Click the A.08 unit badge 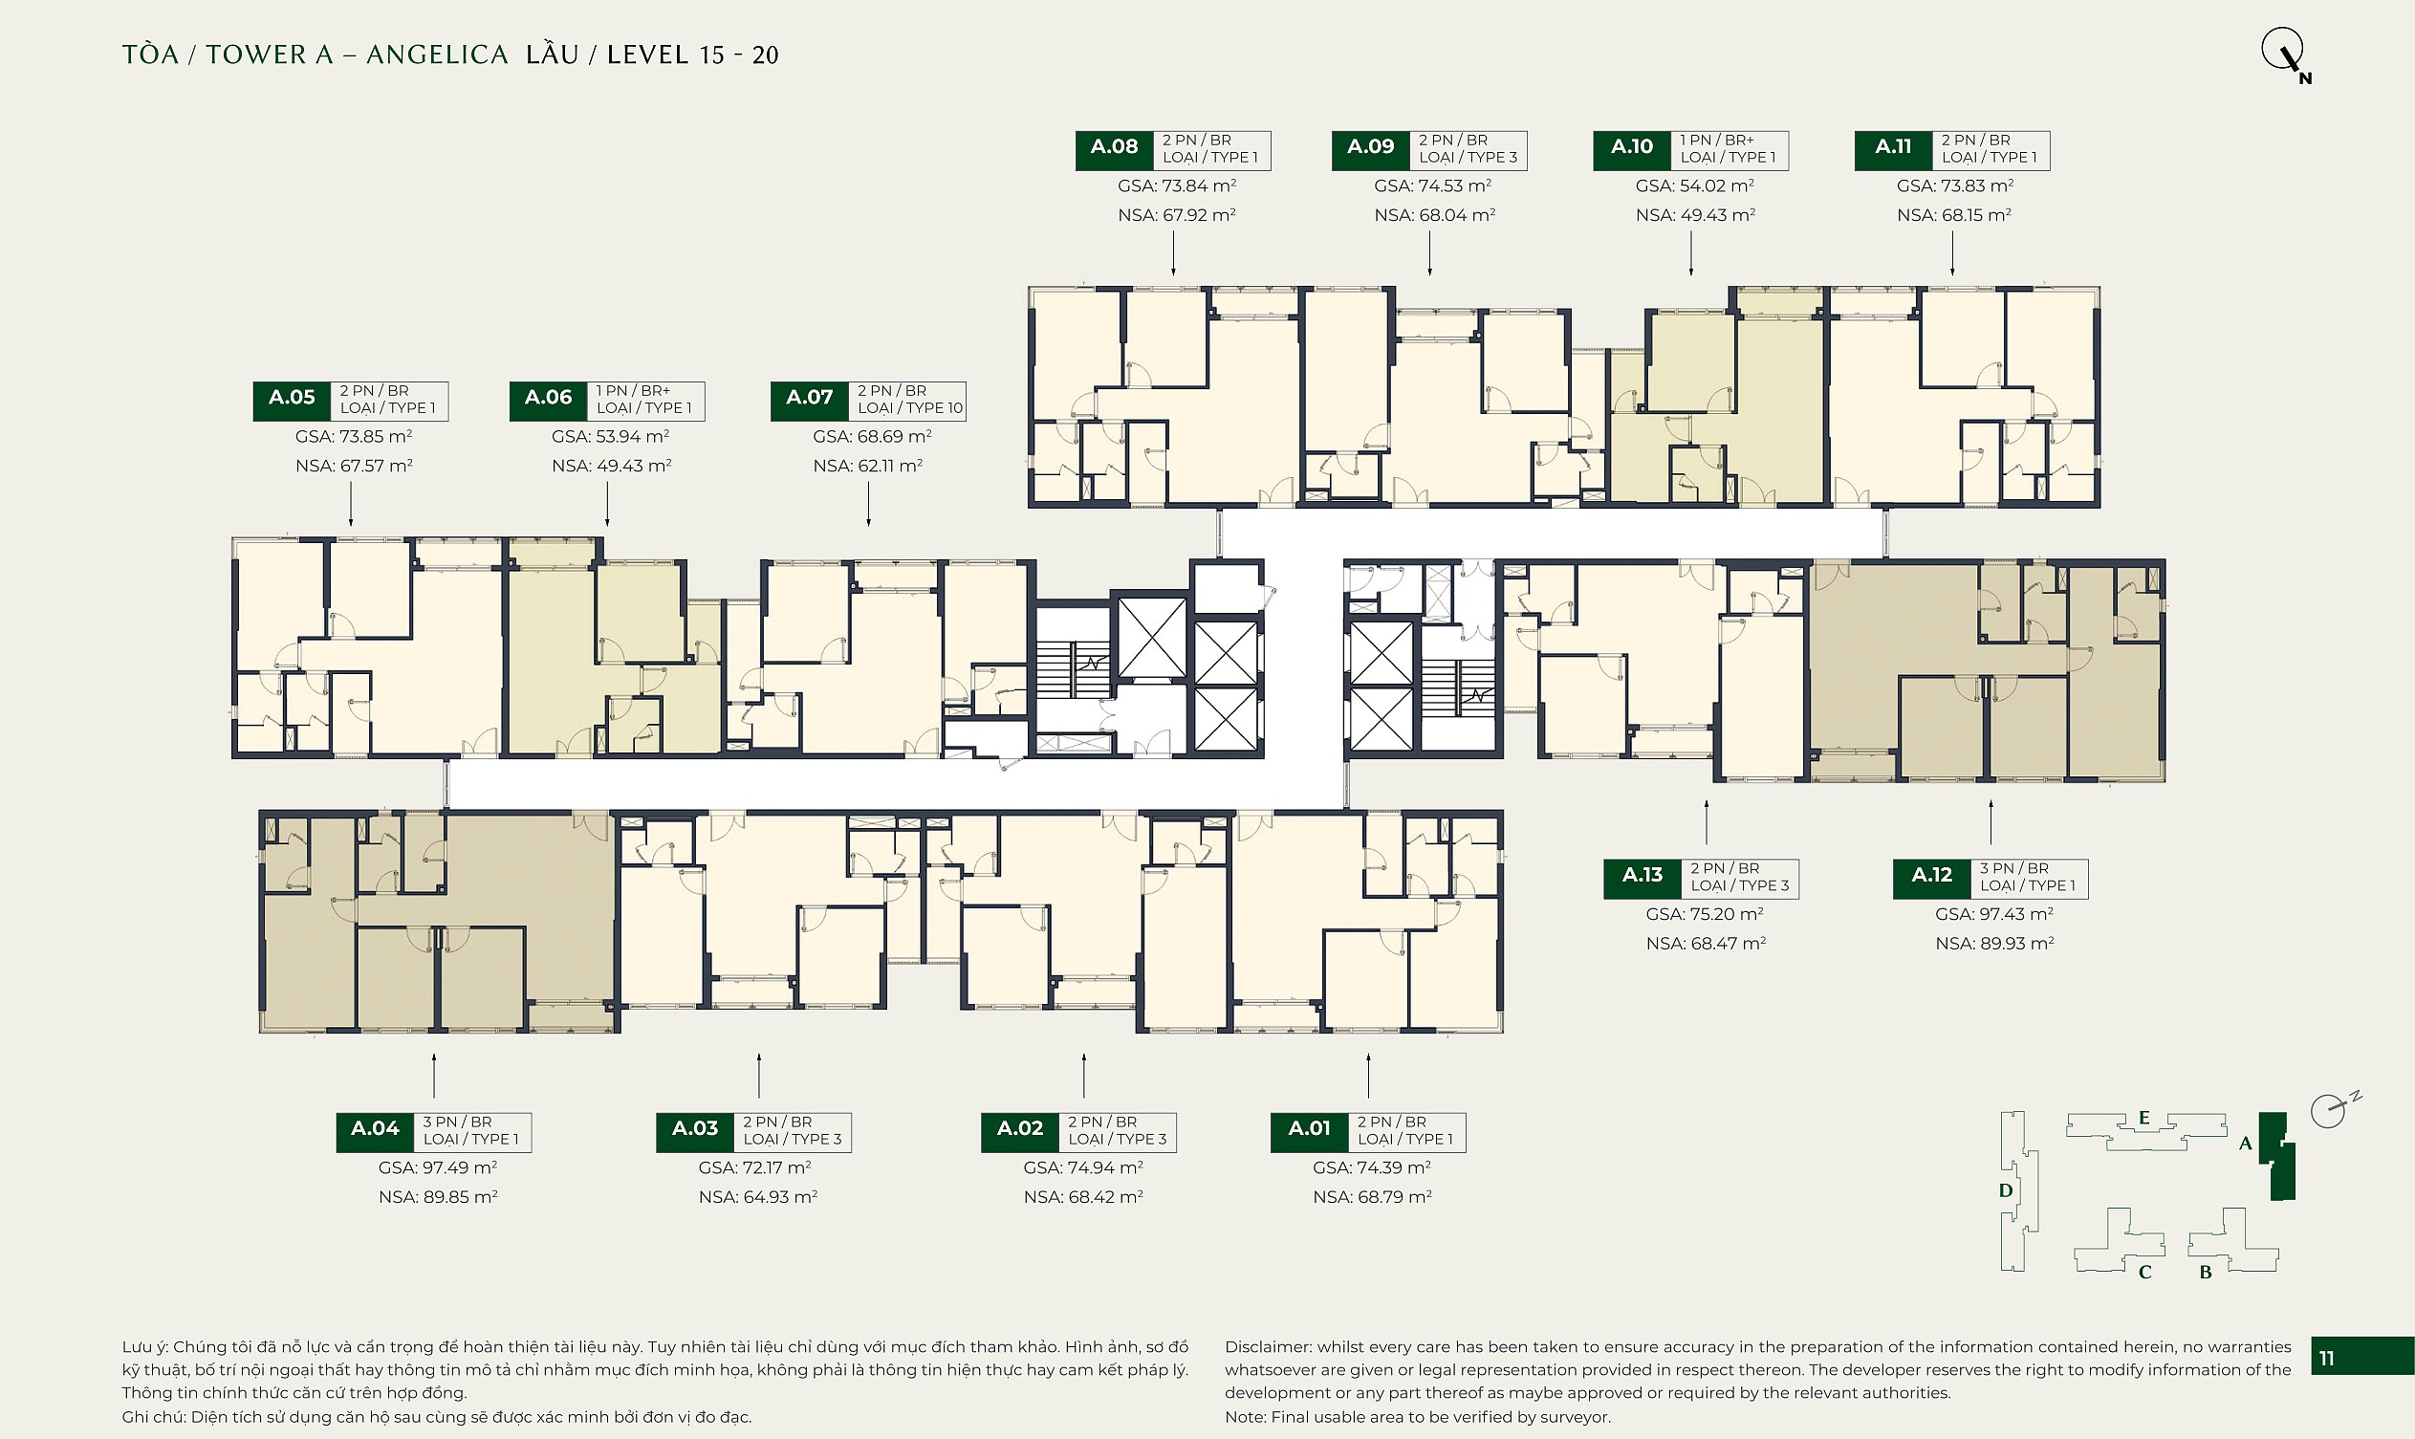click(1114, 150)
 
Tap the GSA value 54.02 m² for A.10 click(1694, 185)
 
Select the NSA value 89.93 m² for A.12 click(1994, 944)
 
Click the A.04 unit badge click(375, 1132)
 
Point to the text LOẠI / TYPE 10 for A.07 click(910, 408)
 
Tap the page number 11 click(2326, 1359)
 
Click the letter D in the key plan click(2006, 1190)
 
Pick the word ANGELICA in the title click(437, 55)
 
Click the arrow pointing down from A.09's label click(1430, 255)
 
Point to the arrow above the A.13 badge click(1707, 821)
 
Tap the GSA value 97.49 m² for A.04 click(437, 1167)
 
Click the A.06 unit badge click(549, 402)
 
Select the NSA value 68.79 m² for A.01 click(1372, 1197)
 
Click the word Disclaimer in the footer click(1267, 1347)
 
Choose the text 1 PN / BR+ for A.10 click(1717, 141)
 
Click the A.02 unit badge click(1020, 1132)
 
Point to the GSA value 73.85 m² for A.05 click(354, 436)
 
